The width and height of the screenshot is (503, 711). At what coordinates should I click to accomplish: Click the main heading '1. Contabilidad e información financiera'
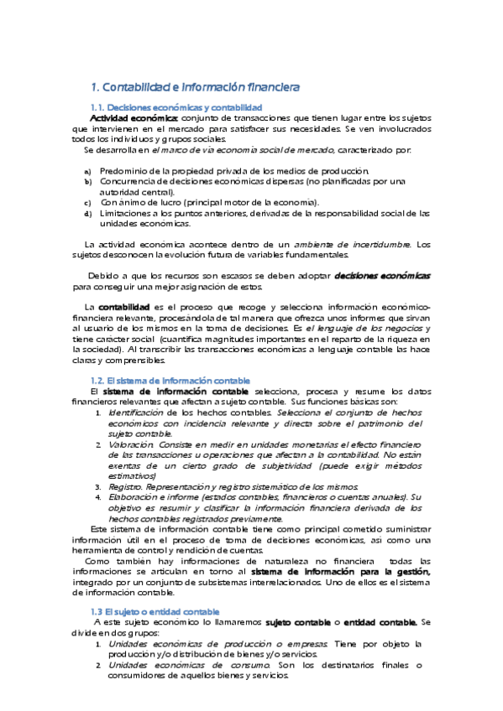click(x=195, y=86)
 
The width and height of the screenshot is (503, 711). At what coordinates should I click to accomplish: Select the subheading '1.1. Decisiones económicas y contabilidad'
click(x=176, y=107)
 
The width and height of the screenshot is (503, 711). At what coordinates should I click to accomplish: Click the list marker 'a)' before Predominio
click(x=87, y=171)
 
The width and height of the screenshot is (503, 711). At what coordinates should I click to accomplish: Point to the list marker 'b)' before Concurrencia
click(x=87, y=181)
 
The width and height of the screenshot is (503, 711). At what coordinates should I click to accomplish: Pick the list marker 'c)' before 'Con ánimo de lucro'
click(x=87, y=202)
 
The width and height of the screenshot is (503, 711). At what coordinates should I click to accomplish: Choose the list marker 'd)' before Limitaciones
click(x=87, y=213)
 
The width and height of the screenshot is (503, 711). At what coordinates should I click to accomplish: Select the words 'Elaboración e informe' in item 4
click(x=155, y=496)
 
